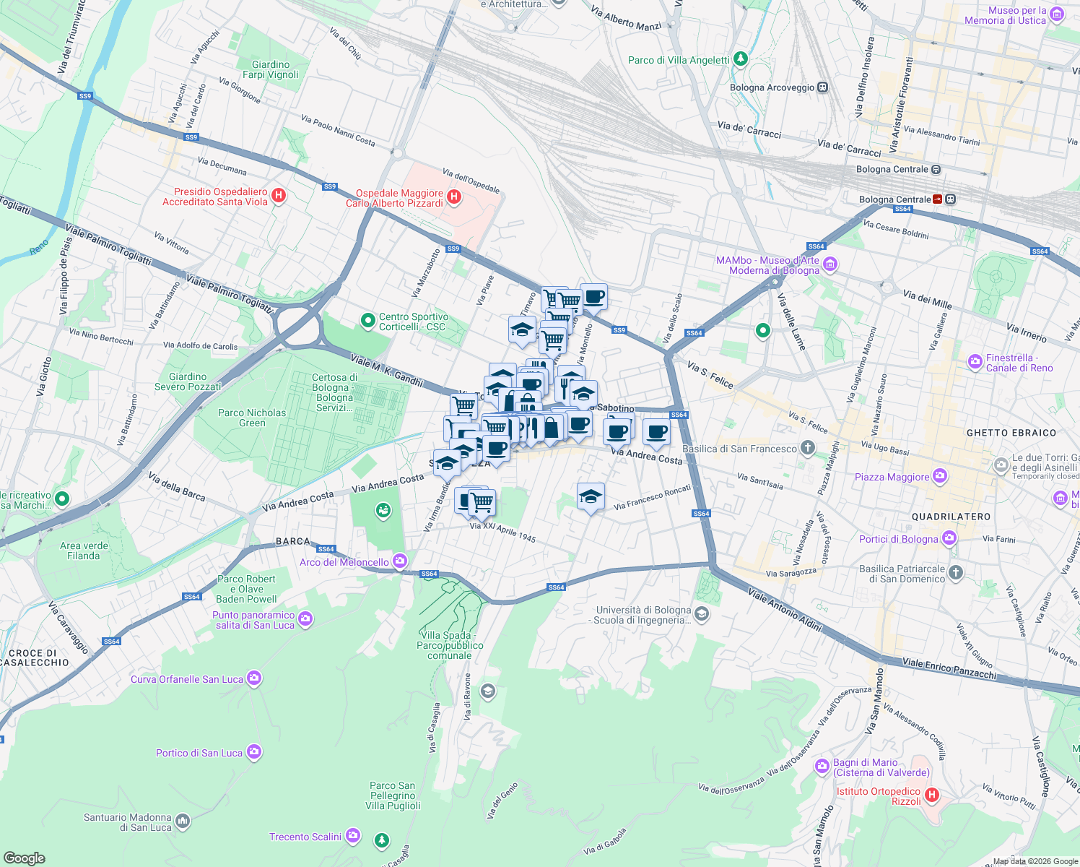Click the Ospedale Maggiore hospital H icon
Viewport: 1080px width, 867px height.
(x=454, y=197)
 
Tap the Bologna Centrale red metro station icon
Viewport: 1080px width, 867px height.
(x=938, y=199)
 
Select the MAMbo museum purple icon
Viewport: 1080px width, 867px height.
(x=829, y=265)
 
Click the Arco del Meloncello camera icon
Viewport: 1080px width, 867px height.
(x=400, y=561)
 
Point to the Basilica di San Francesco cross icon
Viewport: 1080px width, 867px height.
(x=808, y=448)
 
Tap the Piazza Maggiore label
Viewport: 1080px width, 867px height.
(x=892, y=477)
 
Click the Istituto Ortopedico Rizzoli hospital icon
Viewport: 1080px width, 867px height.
(x=932, y=795)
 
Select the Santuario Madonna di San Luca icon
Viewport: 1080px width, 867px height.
(x=183, y=821)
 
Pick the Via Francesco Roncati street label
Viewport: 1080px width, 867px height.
(x=653, y=498)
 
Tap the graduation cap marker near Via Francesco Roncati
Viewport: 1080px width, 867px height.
(x=591, y=496)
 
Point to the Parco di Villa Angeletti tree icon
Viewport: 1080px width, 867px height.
(x=740, y=59)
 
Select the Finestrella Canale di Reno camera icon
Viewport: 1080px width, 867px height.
(x=975, y=361)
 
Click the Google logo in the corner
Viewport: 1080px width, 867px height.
(x=25, y=858)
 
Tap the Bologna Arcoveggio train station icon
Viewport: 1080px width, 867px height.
(x=822, y=87)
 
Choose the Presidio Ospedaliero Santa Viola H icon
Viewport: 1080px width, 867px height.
(x=279, y=196)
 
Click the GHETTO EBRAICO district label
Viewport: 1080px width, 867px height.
(x=1011, y=433)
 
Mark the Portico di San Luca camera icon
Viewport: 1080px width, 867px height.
(x=253, y=752)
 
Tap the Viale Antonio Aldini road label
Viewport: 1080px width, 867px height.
(x=785, y=609)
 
